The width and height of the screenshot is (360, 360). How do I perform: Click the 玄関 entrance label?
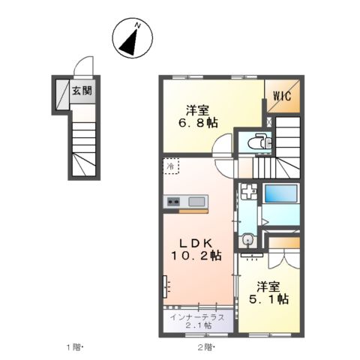pyautogui.click(x=82, y=91)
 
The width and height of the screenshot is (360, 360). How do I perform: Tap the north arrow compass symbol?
pyautogui.click(x=132, y=38)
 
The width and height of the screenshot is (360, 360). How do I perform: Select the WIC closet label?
pyautogui.click(x=282, y=96)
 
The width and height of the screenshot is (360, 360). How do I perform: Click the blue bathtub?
pyautogui.click(x=281, y=193)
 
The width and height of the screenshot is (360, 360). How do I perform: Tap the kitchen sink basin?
pyautogui.click(x=196, y=202)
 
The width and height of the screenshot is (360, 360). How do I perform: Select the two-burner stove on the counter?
pyautogui.click(x=173, y=202)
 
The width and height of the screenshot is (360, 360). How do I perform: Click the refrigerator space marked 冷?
pyautogui.click(x=171, y=166)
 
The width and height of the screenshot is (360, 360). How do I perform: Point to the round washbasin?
pyautogui.click(x=247, y=240)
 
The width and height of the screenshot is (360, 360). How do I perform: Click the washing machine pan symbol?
pyautogui.click(x=248, y=192)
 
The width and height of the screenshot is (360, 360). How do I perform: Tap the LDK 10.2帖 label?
pyautogui.click(x=196, y=250)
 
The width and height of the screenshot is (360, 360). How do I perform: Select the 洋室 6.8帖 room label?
pyautogui.click(x=197, y=117)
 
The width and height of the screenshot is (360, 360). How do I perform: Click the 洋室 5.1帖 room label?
pyautogui.click(x=269, y=293)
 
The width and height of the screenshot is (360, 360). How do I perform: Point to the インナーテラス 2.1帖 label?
pyautogui.click(x=197, y=321)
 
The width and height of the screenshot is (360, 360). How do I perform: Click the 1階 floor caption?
pyautogui.click(x=74, y=347)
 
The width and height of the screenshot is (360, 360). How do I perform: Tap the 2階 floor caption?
pyautogui.click(x=206, y=347)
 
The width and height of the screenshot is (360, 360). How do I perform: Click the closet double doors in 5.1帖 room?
pyautogui.click(x=284, y=259)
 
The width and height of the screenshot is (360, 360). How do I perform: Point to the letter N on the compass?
pyautogui.click(x=138, y=25)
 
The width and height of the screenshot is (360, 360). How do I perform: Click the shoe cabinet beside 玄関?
pyautogui.click(x=62, y=94)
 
